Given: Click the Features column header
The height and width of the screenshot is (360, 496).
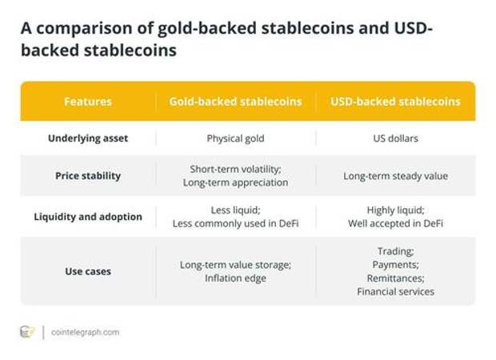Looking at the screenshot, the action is [x=88, y=102].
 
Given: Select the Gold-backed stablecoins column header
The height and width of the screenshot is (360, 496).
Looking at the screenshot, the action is [x=236, y=102].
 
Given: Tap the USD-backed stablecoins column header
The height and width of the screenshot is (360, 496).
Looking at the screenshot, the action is [x=395, y=102].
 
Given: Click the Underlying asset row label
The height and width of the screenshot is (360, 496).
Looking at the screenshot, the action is [x=88, y=138].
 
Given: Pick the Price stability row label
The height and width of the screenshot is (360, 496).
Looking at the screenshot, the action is [x=88, y=176].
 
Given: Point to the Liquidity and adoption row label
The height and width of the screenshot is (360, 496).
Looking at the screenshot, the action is [x=88, y=217].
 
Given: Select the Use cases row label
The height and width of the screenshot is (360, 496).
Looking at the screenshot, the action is [x=88, y=271].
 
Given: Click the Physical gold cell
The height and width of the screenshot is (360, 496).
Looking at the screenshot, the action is [x=236, y=138].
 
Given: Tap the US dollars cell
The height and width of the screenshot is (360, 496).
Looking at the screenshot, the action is [x=395, y=138].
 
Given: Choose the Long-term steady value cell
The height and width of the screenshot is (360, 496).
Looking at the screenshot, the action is [x=395, y=176].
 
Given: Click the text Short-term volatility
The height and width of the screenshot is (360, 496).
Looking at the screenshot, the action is [x=235, y=170].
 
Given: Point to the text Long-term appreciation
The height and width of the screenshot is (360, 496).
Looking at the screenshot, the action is [x=236, y=182].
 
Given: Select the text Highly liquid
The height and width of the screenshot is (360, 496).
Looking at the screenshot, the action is [x=394, y=210].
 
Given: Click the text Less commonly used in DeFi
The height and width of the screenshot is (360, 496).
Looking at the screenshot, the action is [x=236, y=224].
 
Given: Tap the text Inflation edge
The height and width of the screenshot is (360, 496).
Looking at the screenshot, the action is [x=236, y=278].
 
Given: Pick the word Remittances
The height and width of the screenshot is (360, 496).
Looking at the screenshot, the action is [x=394, y=278].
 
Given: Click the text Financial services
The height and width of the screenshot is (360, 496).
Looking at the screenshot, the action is [x=395, y=292].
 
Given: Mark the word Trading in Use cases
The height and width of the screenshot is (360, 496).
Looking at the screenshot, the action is [x=395, y=251].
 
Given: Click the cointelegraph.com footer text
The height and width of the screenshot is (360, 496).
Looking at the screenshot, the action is [x=85, y=332].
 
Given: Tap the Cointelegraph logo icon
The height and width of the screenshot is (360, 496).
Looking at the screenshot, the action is [x=26, y=332].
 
